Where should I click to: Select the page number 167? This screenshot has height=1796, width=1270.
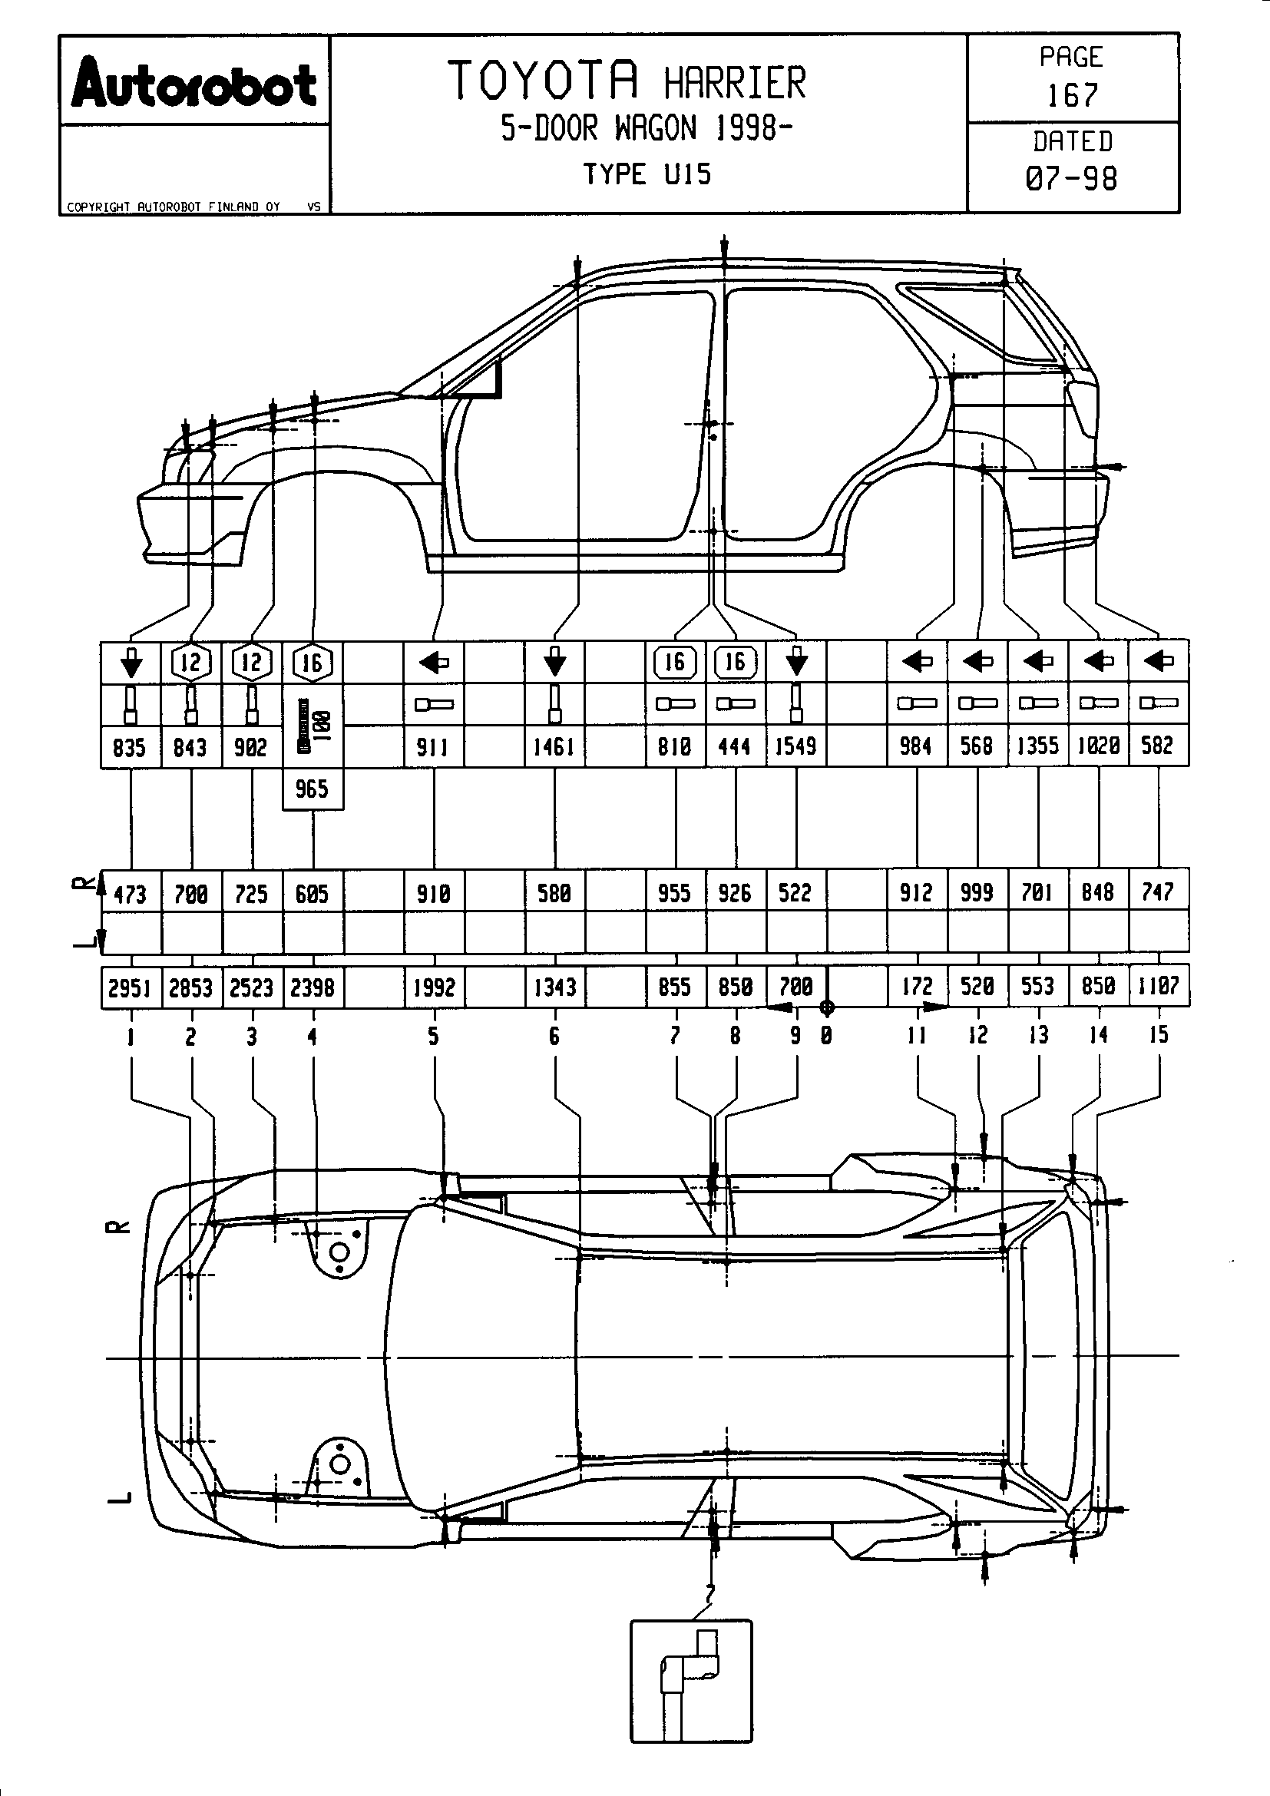pyautogui.click(x=1072, y=95)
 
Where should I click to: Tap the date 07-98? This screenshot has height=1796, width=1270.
pyautogui.click(x=1071, y=178)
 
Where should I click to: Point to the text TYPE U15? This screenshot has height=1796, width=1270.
pyautogui.click(x=647, y=174)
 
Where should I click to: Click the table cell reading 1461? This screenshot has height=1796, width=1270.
pyautogui.click(x=554, y=747)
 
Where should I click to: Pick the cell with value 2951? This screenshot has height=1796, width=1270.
pyautogui.click(x=130, y=988)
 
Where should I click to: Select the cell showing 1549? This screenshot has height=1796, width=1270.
pyautogui.click(x=795, y=746)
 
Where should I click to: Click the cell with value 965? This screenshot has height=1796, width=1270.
pyautogui.click(x=312, y=789)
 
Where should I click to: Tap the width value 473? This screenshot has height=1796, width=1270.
pyautogui.click(x=130, y=893)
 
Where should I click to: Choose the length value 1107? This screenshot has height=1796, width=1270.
pyautogui.click(x=1158, y=987)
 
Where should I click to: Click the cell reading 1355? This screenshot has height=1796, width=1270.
pyautogui.click(x=1038, y=746)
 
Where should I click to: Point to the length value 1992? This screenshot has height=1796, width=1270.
pyautogui.click(x=434, y=988)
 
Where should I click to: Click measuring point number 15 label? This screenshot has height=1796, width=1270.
pyautogui.click(x=1158, y=1035)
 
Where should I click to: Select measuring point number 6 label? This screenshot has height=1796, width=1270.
pyautogui.click(x=554, y=1037)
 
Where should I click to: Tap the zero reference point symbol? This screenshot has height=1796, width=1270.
pyautogui.click(x=828, y=1007)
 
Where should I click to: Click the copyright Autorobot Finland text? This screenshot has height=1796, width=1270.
pyautogui.click(x=174, y=207)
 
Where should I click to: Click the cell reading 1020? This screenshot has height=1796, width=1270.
pyautogui.click(x=1098, y=746)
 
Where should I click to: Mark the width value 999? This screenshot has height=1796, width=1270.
pyautogui.click(x=977, y=892)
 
